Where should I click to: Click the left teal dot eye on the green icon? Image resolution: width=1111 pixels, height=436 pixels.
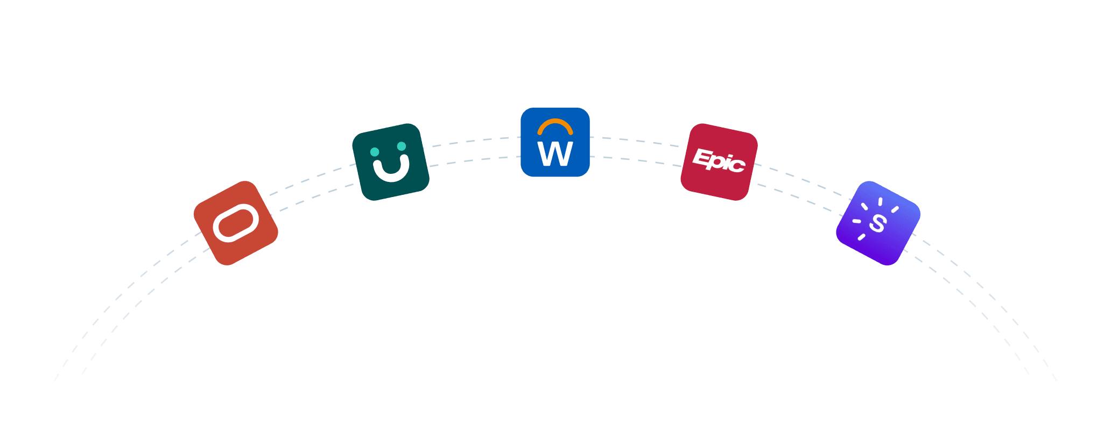click(375, 152)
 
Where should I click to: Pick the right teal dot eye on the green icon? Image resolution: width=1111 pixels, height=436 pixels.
click(402, 146)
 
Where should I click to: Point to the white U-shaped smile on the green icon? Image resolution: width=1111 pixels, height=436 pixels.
click(391, 171)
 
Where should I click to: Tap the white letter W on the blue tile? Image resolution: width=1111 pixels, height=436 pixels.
click(555, 154)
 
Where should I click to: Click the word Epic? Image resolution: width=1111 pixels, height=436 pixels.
click(719, 160)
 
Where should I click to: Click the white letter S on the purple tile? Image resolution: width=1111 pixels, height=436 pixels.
click(877, 223)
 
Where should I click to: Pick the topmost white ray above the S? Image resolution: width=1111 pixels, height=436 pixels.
click(880, 202)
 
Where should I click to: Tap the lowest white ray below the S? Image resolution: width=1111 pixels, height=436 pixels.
click(861, 237)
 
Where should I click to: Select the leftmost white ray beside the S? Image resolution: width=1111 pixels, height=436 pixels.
click(856, 221)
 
